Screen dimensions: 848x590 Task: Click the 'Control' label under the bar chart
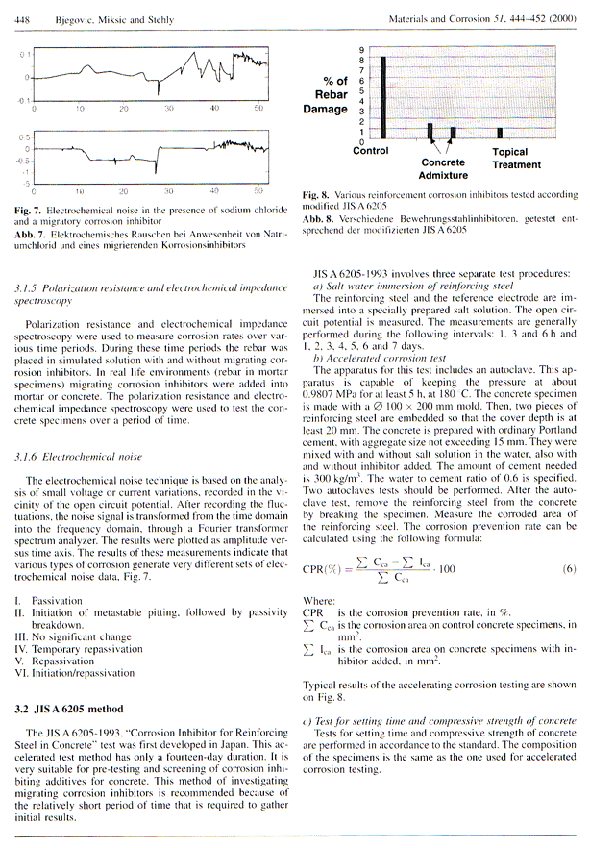point(371,151)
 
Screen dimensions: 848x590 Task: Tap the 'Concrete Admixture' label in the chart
point(444,169)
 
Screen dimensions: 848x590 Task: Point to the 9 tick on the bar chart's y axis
point(361,49)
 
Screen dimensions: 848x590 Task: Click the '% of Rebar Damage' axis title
point(331,94)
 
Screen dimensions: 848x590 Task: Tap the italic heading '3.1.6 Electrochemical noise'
point(77,460)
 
